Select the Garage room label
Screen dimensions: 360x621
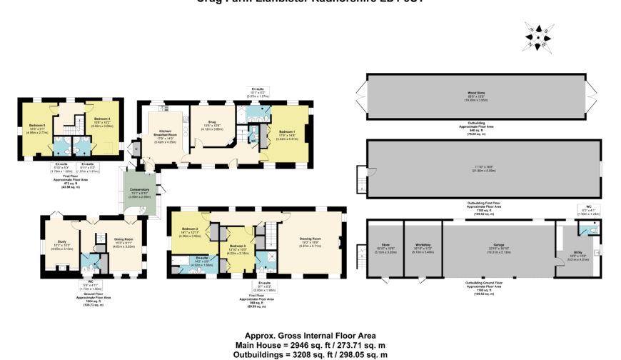[x=497, y=244]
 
